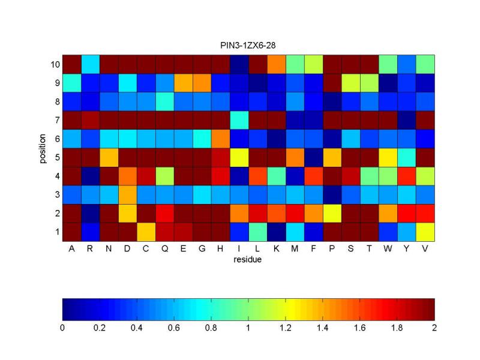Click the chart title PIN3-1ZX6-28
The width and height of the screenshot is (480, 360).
click(248, 46)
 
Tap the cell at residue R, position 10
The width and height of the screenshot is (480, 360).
click(90, 64)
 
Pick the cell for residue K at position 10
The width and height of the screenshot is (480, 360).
click(276, 64)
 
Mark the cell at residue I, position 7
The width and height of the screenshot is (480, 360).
click(239, 119)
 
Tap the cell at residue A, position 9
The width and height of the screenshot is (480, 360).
click(71, 82)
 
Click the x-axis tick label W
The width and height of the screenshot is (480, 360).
click(388, 250)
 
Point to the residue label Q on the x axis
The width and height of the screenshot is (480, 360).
click(164, 250)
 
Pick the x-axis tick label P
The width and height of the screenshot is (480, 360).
click(332, 250)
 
